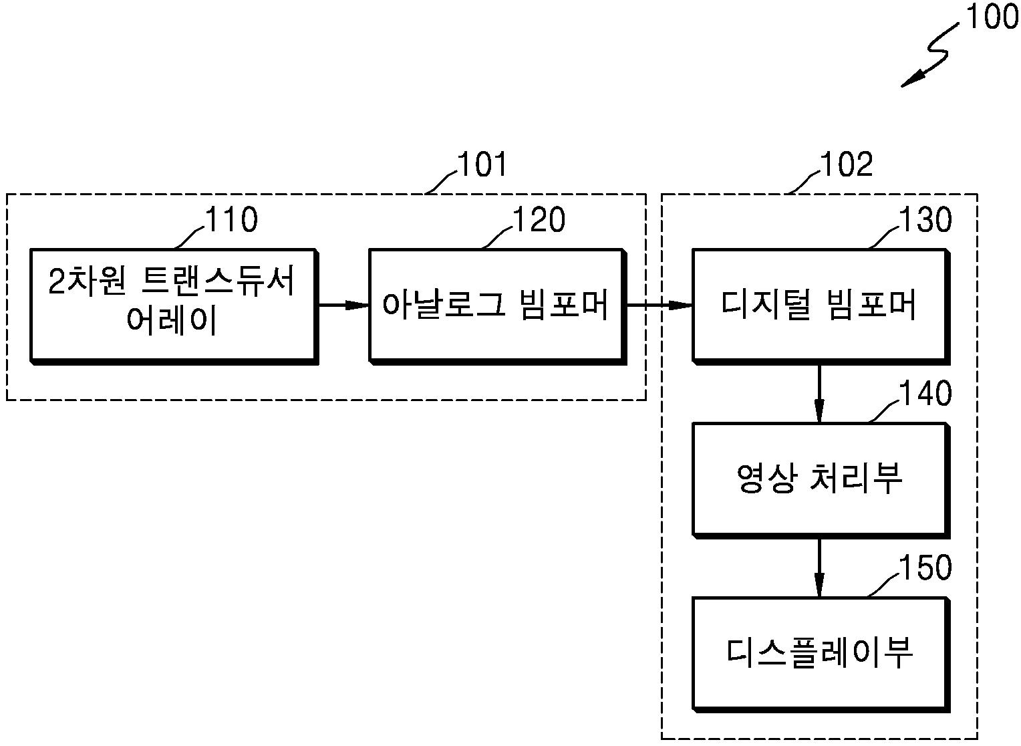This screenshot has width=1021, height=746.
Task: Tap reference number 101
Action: [x=482, y=164]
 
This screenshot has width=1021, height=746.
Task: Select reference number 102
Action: [x=847, y=164]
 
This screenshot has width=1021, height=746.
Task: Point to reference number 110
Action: [x=232, y=219]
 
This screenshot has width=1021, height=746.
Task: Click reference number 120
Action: [x=539, y=219]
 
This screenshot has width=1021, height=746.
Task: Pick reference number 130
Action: [x=925, y=219]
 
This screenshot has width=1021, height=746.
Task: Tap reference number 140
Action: [x=925, y=393]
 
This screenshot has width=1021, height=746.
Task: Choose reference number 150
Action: [x=925, y=568]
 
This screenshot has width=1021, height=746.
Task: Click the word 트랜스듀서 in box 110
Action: [x=218, y=281]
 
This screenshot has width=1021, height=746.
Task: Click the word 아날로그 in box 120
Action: [x=444, y=305]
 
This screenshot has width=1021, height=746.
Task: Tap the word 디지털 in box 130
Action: [x=766, y=305]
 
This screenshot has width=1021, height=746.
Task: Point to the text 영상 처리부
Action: [x=819, y=478]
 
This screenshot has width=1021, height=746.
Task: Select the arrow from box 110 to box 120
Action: [x=343, y=305]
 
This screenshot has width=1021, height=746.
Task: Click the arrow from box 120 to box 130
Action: [x=660, y=305]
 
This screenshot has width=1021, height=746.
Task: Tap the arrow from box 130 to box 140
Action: [x=819, y=394]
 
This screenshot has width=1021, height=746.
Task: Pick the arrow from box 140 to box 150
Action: [x=819, y=568]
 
